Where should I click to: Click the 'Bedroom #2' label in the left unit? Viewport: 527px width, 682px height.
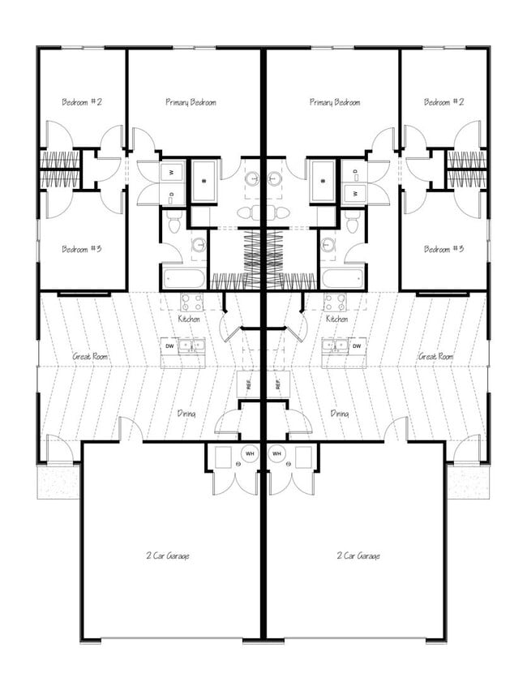(82, 102)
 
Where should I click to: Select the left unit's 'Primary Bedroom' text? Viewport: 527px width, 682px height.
(191, 102)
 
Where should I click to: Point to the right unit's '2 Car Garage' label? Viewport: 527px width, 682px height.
(358, 555)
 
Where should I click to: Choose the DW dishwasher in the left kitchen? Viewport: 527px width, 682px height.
(169, 346)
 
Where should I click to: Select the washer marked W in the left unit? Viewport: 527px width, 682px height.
(173, 172)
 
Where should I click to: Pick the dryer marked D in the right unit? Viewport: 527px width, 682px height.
(353, 194)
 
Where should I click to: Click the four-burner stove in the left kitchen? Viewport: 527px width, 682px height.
(191, 302)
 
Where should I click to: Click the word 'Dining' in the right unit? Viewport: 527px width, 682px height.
(340, 414)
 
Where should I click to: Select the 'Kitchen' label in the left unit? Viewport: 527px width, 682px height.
(190, 320)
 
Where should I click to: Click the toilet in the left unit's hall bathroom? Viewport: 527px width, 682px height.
(173, 221)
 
